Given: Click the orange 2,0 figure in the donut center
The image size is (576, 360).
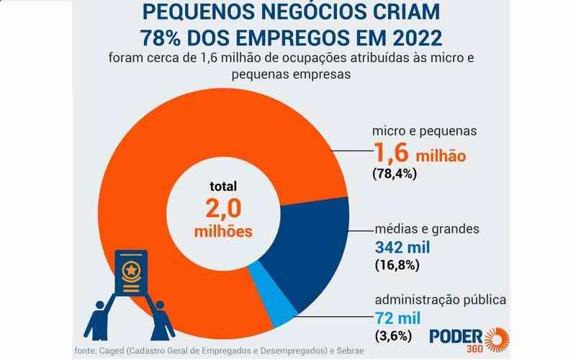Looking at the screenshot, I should tap(222, 209).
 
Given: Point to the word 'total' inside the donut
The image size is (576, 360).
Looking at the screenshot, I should tap(223, 186).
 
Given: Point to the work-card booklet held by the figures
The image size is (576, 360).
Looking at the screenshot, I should tap(131, 277).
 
